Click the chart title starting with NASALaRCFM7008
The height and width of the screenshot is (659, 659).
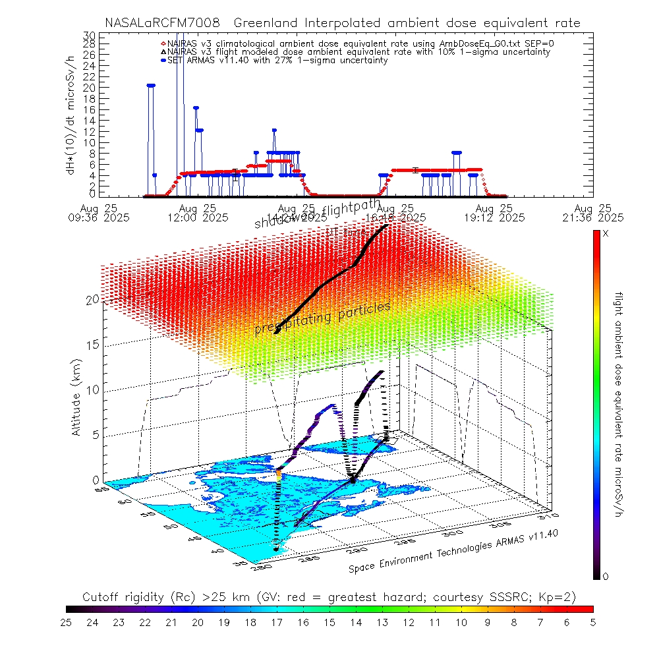343,23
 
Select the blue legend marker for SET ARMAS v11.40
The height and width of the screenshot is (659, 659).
163,60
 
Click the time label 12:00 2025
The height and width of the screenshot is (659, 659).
198,217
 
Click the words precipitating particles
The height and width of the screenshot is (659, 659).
323,318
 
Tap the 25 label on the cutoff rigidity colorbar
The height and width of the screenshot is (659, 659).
67,621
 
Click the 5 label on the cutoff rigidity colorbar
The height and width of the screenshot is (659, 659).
592,621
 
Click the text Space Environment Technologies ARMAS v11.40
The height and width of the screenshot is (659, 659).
453,552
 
